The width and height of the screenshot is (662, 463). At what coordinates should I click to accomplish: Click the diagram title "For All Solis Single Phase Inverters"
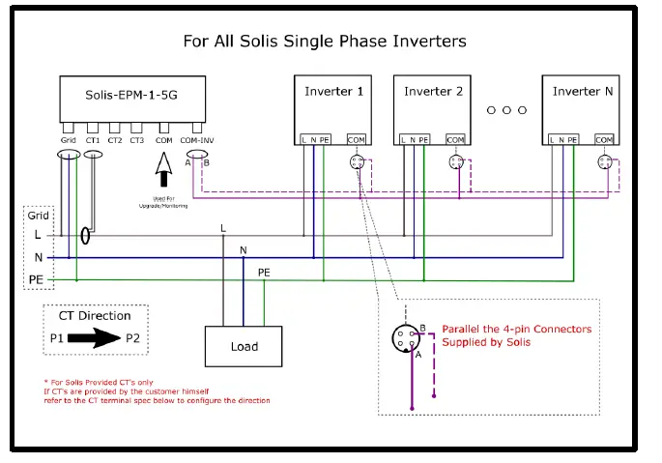325,42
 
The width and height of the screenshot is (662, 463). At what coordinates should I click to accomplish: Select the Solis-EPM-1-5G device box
132,99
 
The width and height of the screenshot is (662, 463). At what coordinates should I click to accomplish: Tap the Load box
244,347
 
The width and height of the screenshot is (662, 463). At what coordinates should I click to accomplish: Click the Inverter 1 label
333,92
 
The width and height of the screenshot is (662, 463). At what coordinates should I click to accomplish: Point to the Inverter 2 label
434,92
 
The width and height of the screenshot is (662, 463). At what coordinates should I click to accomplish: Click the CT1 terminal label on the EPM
94,141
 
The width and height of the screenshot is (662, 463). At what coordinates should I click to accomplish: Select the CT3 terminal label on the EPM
137,141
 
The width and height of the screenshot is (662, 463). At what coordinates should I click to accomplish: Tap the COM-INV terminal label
196,141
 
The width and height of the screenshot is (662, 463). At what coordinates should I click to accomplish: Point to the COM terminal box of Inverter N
604,139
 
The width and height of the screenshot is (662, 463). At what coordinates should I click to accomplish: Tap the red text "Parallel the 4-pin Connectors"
516,330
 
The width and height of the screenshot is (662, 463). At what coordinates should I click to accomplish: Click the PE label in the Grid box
37,279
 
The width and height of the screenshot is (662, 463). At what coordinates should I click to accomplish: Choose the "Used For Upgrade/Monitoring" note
163,203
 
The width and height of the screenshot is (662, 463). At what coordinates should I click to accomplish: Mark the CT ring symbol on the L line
86,235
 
